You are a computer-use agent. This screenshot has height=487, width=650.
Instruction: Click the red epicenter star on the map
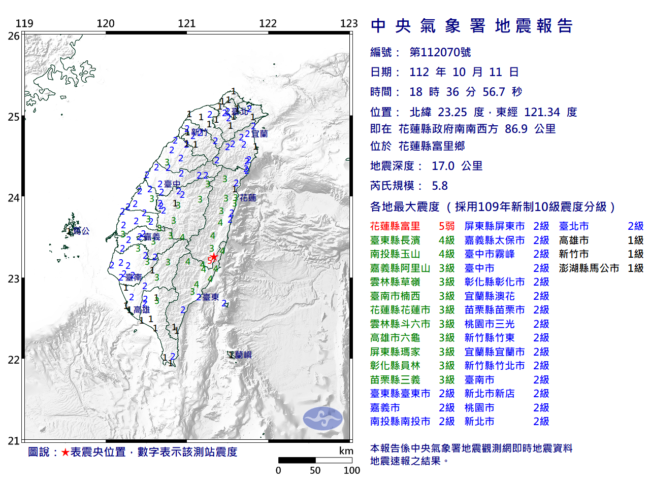(214, 257)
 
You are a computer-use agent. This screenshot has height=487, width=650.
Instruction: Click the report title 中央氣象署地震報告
(472, 26)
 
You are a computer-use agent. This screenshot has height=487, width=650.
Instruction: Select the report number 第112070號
(440, 52)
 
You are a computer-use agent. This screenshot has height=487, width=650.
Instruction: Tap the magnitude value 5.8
(440, 186)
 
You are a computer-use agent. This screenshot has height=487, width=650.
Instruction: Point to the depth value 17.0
(443, 166)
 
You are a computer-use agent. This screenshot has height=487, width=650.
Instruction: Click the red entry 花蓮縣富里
(395, 226)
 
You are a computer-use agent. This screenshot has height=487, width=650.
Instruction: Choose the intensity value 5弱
(446, 226)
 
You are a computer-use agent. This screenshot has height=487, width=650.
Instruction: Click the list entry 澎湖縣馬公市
(589, 268)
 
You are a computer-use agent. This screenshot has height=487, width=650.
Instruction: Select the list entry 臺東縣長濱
(395, 240)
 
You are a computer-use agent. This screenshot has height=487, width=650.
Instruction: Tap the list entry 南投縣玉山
(395, 254)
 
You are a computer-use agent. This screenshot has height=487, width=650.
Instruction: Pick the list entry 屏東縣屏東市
(494, 226)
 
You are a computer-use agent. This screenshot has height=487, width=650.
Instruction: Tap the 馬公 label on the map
(81, 231)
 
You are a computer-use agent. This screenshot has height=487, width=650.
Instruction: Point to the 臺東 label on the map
(210, 297)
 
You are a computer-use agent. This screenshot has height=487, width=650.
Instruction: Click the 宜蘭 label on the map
(259, 134)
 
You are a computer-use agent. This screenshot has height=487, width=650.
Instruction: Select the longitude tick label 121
(186, 23)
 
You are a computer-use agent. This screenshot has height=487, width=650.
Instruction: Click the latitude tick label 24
(14, 198)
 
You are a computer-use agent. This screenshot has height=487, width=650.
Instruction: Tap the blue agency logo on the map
(323, 419)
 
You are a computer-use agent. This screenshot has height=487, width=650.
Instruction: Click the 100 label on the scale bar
(351, 470)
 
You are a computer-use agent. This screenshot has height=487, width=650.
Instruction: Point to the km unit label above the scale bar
(346, 451)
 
